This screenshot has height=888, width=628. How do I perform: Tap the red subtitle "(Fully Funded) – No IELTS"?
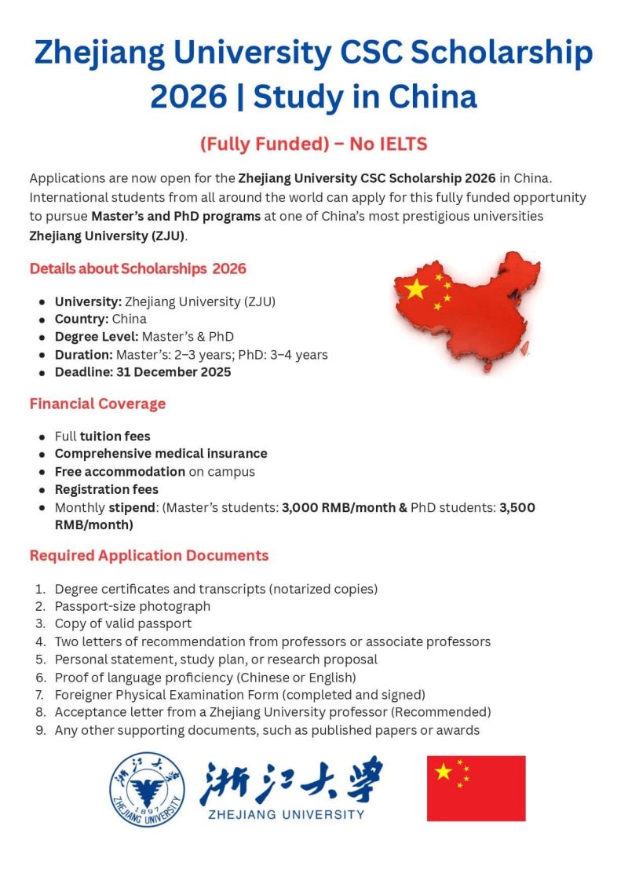pos(313,144)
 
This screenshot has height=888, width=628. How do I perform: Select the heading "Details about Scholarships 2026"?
pos(138,269)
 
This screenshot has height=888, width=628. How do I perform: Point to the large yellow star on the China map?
pos(415,288)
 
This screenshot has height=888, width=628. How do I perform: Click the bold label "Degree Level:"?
pos(97,337)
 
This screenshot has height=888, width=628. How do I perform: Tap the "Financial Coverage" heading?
pos(97,404)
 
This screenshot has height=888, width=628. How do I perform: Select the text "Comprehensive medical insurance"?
pos(161,454)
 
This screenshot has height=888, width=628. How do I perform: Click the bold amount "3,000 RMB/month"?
pos(339,507)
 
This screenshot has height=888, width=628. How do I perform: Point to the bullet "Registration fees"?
pos(106,490)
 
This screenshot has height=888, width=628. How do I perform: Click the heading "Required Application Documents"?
pos(149,556)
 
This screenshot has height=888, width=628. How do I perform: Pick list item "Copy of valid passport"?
pos(123,624)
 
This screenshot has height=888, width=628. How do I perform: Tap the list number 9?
pos(41,731)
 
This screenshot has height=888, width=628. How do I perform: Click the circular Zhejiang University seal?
pos(148,789)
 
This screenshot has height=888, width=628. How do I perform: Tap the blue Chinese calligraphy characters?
pos(292,780)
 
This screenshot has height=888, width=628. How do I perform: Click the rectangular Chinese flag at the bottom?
pos(476,788)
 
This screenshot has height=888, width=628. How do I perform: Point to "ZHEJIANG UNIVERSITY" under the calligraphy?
pos(287,814)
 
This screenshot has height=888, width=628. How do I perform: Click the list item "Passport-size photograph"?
pos(133,606)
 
